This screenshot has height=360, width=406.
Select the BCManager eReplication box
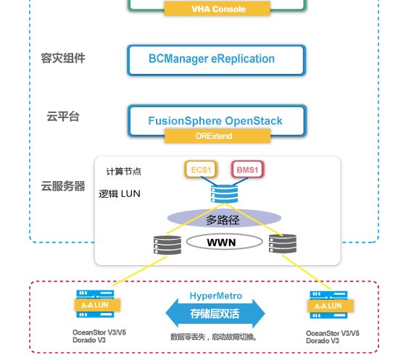[x=217, y=59]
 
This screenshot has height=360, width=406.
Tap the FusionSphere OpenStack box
[x=217, y=120]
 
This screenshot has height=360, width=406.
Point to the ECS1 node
[x=201, y=170]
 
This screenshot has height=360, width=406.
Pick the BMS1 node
[x=247, y=170]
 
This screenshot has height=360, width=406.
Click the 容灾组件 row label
[x=63, y=58]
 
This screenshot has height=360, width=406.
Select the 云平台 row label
[x=63, y=117]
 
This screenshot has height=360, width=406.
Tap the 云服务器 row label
[x=63, y=186]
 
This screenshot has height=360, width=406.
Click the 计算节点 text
[x=124, y=172]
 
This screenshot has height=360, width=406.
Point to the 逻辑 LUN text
[x=120, y=194]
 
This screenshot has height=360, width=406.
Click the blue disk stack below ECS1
[x=223, y=193]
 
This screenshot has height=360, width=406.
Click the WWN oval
[x=222, y=241]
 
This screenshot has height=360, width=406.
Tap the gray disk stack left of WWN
[x=167, y=244]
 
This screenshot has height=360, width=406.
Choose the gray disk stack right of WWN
[x=282, y=244]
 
